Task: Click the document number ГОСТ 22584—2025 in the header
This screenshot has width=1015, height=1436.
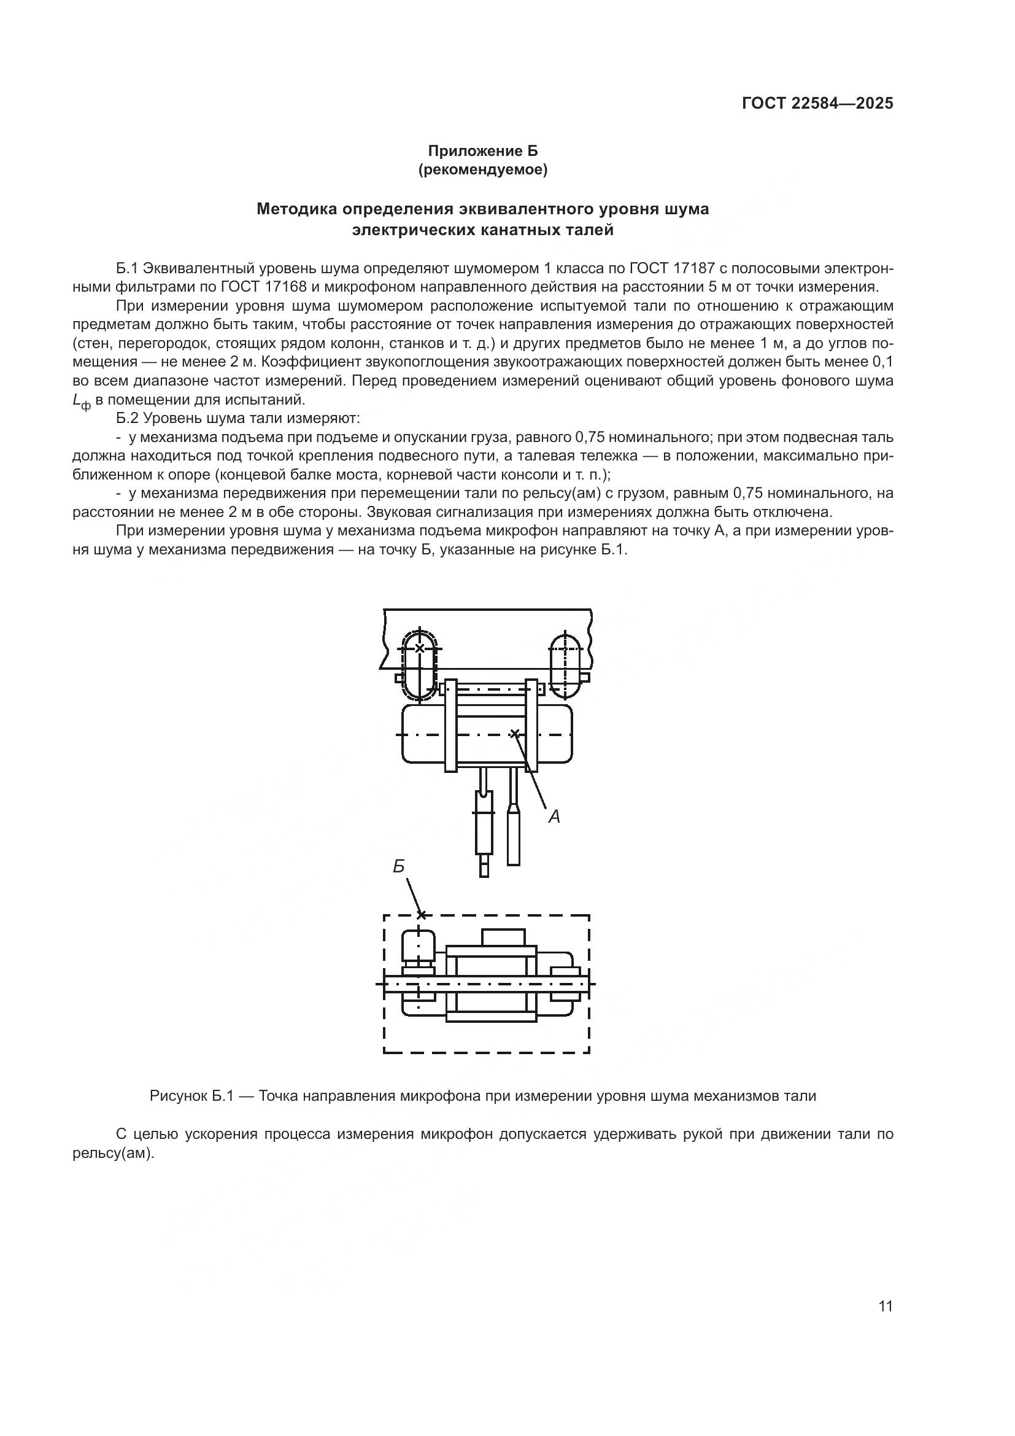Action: (x=817, y=104)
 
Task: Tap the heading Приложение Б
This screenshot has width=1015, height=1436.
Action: (x=482, y=151)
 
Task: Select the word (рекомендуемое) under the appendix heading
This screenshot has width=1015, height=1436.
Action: (x=482, y=170)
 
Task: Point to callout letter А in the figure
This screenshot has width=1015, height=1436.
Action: (x=554, y=816)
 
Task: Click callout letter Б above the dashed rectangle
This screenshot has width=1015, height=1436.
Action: (x=399, y=867)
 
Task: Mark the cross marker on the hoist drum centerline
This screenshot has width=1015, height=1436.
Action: (x=514, y=734)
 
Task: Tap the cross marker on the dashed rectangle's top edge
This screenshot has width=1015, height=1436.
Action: (x=421, y=915)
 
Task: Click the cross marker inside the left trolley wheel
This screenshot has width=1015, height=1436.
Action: (x=419, y=648)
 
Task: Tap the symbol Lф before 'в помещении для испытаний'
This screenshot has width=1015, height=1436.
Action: (x=81, y=402)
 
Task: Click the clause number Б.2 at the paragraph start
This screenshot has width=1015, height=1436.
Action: (x=128, y=418)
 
